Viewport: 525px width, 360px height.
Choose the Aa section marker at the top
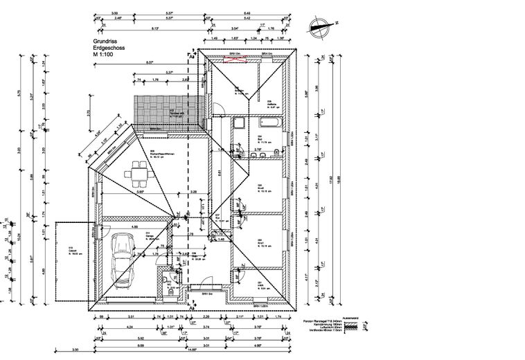tap(192, 53)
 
